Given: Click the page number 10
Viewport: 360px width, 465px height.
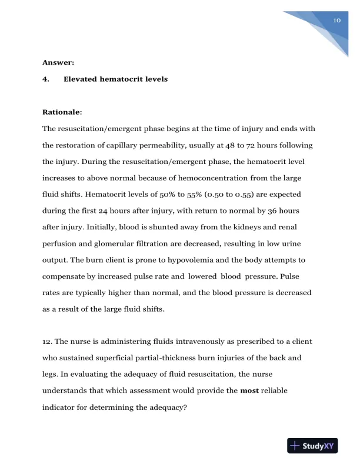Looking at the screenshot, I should pyautogui.click(x=337, y=20).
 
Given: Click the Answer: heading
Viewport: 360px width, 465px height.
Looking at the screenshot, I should pyautogui.click(x=58, y=61).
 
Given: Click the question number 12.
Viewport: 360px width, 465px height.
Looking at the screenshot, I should pyautogui.click(x=48, y=325).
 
